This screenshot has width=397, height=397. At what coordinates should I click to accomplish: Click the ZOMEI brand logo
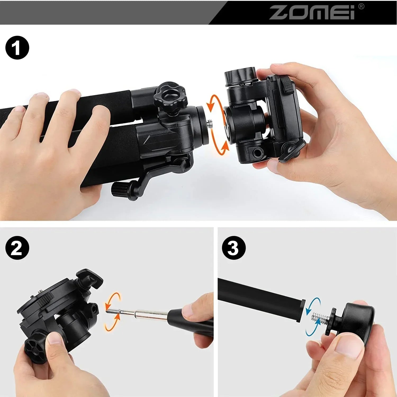pos(312,12)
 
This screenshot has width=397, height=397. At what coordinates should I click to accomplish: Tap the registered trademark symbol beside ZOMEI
pos(361,7)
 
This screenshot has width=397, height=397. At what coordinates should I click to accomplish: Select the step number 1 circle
pos(17,48)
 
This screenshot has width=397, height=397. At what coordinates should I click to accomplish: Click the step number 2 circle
pos(17,248)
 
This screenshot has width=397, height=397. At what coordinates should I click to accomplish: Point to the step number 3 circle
pos(234,248)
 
